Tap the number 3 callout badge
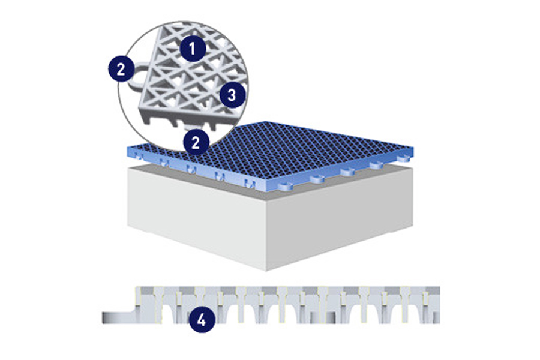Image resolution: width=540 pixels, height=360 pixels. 232,95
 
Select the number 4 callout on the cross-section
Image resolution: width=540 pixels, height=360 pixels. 202,320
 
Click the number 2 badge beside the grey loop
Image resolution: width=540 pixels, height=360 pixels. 121,69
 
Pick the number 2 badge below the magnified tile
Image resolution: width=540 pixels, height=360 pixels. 196,141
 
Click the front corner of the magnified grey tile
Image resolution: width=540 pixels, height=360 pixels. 140,109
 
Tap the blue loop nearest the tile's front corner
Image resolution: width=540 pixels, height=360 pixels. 286,187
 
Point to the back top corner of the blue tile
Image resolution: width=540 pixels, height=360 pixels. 263,122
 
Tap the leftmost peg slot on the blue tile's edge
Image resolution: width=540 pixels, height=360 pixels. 139,157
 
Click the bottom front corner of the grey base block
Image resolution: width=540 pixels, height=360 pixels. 266,271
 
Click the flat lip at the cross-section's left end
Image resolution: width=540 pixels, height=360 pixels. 119,317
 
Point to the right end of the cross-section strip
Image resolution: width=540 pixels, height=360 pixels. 439,305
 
